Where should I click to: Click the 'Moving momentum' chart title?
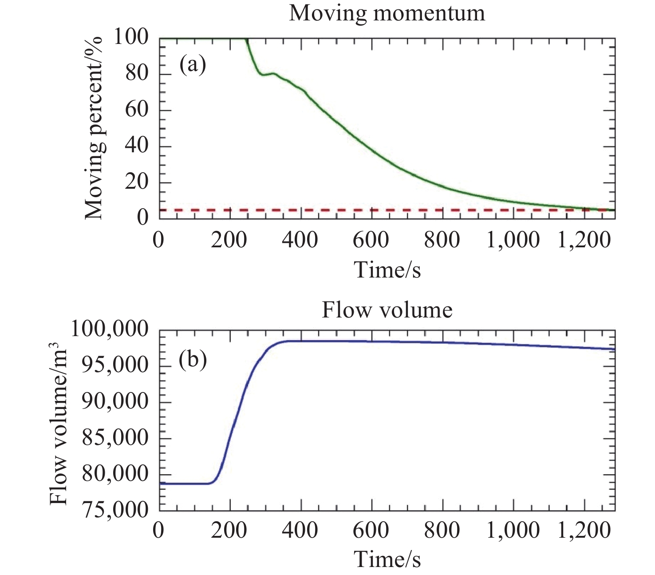[387, 13]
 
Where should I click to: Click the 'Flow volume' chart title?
[387, 310]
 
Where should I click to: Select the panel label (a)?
[192, 65]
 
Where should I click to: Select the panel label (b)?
[193, 360]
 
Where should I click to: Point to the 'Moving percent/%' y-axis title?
[94, 128]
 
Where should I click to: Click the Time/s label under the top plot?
[387, 270]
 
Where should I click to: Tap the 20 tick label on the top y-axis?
[137, 182]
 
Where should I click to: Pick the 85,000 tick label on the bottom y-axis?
[115, 438]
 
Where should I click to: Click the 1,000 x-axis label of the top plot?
[513, 240]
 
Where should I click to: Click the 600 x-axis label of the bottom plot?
[371, 530]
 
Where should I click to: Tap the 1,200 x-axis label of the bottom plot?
[584, 530]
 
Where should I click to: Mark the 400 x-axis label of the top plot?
[300, 240]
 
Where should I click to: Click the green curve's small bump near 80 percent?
[272, 74]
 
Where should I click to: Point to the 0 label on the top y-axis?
[142, 218]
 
